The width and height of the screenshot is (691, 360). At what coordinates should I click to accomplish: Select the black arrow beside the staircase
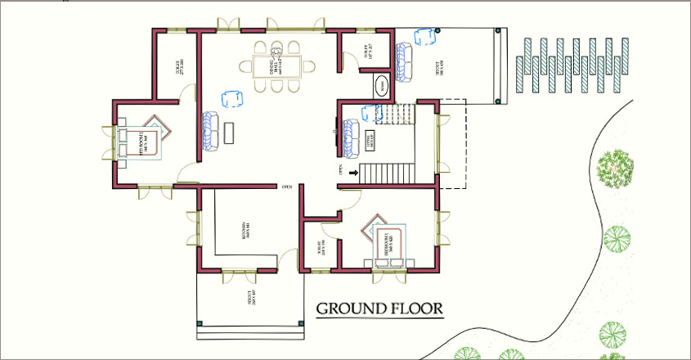coord(353,173)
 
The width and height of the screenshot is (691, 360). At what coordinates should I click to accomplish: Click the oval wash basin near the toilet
coord(382,87)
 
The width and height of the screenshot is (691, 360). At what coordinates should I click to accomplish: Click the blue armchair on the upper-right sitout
coord(424,36)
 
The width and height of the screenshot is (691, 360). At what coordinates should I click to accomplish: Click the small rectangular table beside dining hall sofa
coord(230,132)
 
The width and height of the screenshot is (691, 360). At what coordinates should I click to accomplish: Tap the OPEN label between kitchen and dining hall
coord(287,187)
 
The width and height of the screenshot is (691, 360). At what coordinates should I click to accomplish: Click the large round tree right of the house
coord(615,170)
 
